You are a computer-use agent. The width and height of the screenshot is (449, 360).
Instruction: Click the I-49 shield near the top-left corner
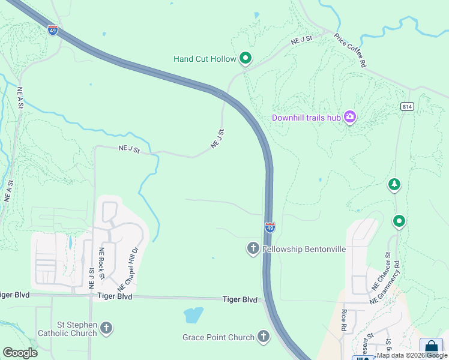point(53,30)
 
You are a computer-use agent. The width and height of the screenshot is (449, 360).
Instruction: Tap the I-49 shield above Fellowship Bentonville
point(270,227)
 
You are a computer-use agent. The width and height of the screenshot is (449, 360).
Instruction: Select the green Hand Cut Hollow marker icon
point(245,58)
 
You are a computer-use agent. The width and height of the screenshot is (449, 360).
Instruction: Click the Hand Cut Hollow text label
point(203,59)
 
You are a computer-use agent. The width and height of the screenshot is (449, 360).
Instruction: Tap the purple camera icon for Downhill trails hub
point(350,117)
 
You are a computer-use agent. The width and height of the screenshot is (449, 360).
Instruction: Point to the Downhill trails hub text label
point(306,118)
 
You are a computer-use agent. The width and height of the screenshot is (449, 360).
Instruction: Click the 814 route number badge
point(407,106)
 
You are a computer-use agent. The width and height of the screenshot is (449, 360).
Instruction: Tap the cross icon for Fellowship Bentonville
point(253,248)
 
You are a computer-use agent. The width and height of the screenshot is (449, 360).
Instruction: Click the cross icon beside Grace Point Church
point(263,337)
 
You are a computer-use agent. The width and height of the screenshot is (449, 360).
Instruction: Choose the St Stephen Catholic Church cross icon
point(106,328)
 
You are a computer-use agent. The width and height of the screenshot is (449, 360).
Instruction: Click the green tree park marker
point(394,184)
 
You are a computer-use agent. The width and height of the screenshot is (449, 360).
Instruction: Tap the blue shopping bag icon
point(430,347)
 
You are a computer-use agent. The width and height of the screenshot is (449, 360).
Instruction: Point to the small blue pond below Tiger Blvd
point(193,314)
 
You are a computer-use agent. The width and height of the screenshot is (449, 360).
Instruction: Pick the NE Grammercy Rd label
point(386,281)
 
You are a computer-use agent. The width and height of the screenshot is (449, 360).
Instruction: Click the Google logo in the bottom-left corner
point(20,353)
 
